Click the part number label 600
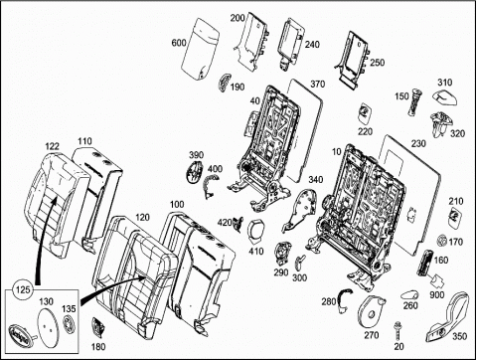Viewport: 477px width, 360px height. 179,43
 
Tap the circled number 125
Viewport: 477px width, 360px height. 23,289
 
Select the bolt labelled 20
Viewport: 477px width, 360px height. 397,330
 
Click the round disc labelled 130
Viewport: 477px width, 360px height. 48,327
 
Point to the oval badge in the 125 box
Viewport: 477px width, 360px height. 21,331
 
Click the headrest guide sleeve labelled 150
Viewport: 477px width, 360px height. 414,101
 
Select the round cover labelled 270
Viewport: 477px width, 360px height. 371,309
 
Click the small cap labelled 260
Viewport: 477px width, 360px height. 409,294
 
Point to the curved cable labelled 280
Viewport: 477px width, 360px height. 343,299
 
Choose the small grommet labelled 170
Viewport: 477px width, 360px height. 441,240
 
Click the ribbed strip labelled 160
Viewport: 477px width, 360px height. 424,264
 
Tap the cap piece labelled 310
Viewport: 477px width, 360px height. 444,96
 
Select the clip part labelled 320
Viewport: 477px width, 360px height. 439,123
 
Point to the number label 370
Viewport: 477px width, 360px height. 317,84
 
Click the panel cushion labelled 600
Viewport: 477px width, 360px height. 200,49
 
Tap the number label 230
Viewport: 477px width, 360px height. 418,143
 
